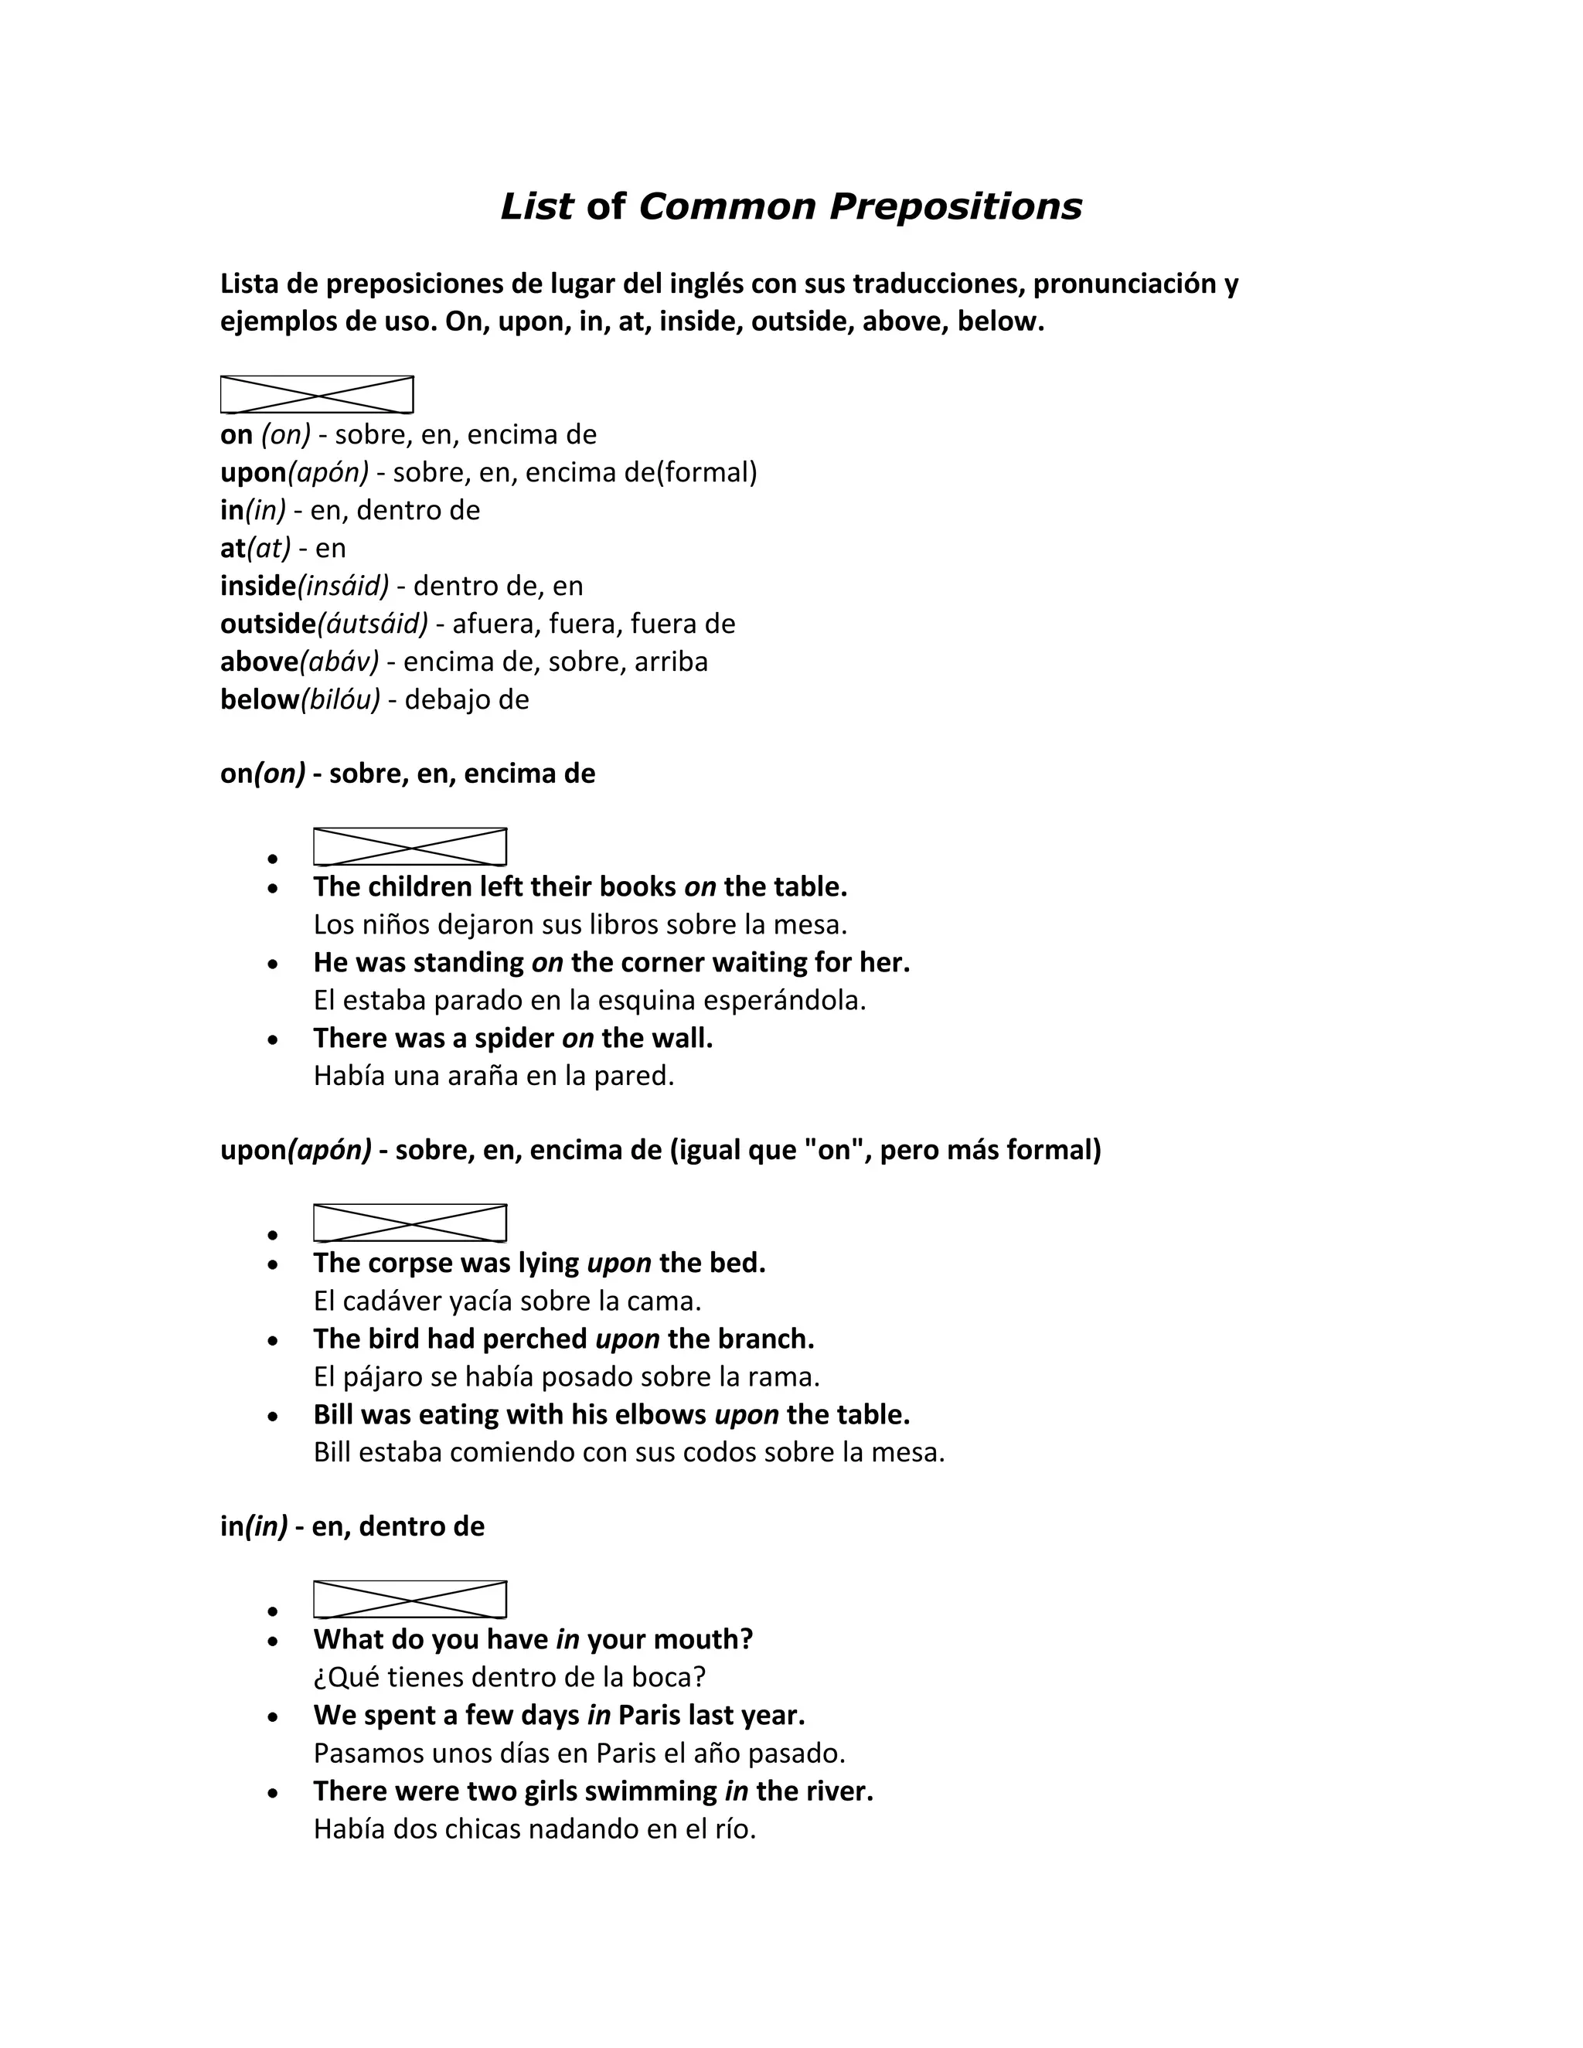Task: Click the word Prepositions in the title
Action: point(955,207)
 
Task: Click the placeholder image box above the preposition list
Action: point(317,395)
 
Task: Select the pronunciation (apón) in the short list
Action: point(329,473)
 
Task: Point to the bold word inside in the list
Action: point(258,586)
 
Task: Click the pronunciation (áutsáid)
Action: point(373,624)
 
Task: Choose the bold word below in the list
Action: point(259,699)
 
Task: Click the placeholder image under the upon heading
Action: point(410,1223)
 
